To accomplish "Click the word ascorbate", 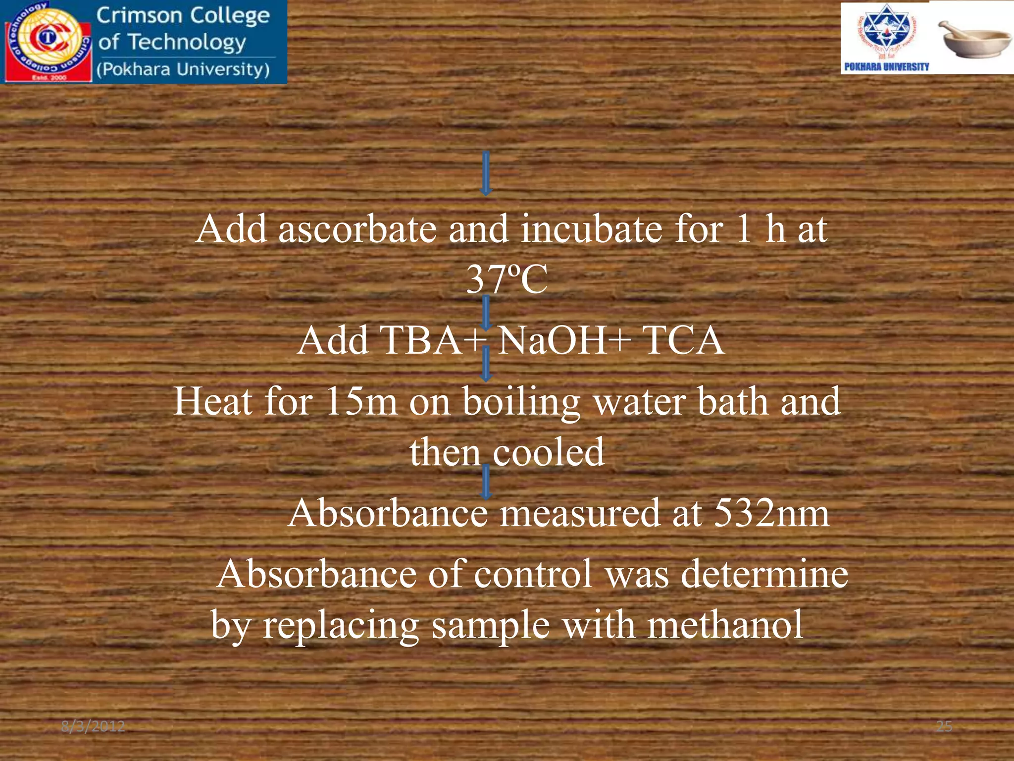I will [357, 229].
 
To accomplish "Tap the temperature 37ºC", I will [507, 279].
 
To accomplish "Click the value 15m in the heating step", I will [361, 401].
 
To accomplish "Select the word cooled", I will [548, 452].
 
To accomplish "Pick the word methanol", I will [725, 625].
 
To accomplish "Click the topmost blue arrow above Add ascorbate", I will [486, 173].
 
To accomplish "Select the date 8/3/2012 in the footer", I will [93, 727].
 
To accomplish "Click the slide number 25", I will [944, 727].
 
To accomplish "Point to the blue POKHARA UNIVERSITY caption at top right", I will [886, 66].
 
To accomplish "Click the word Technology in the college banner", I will [187, 43].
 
